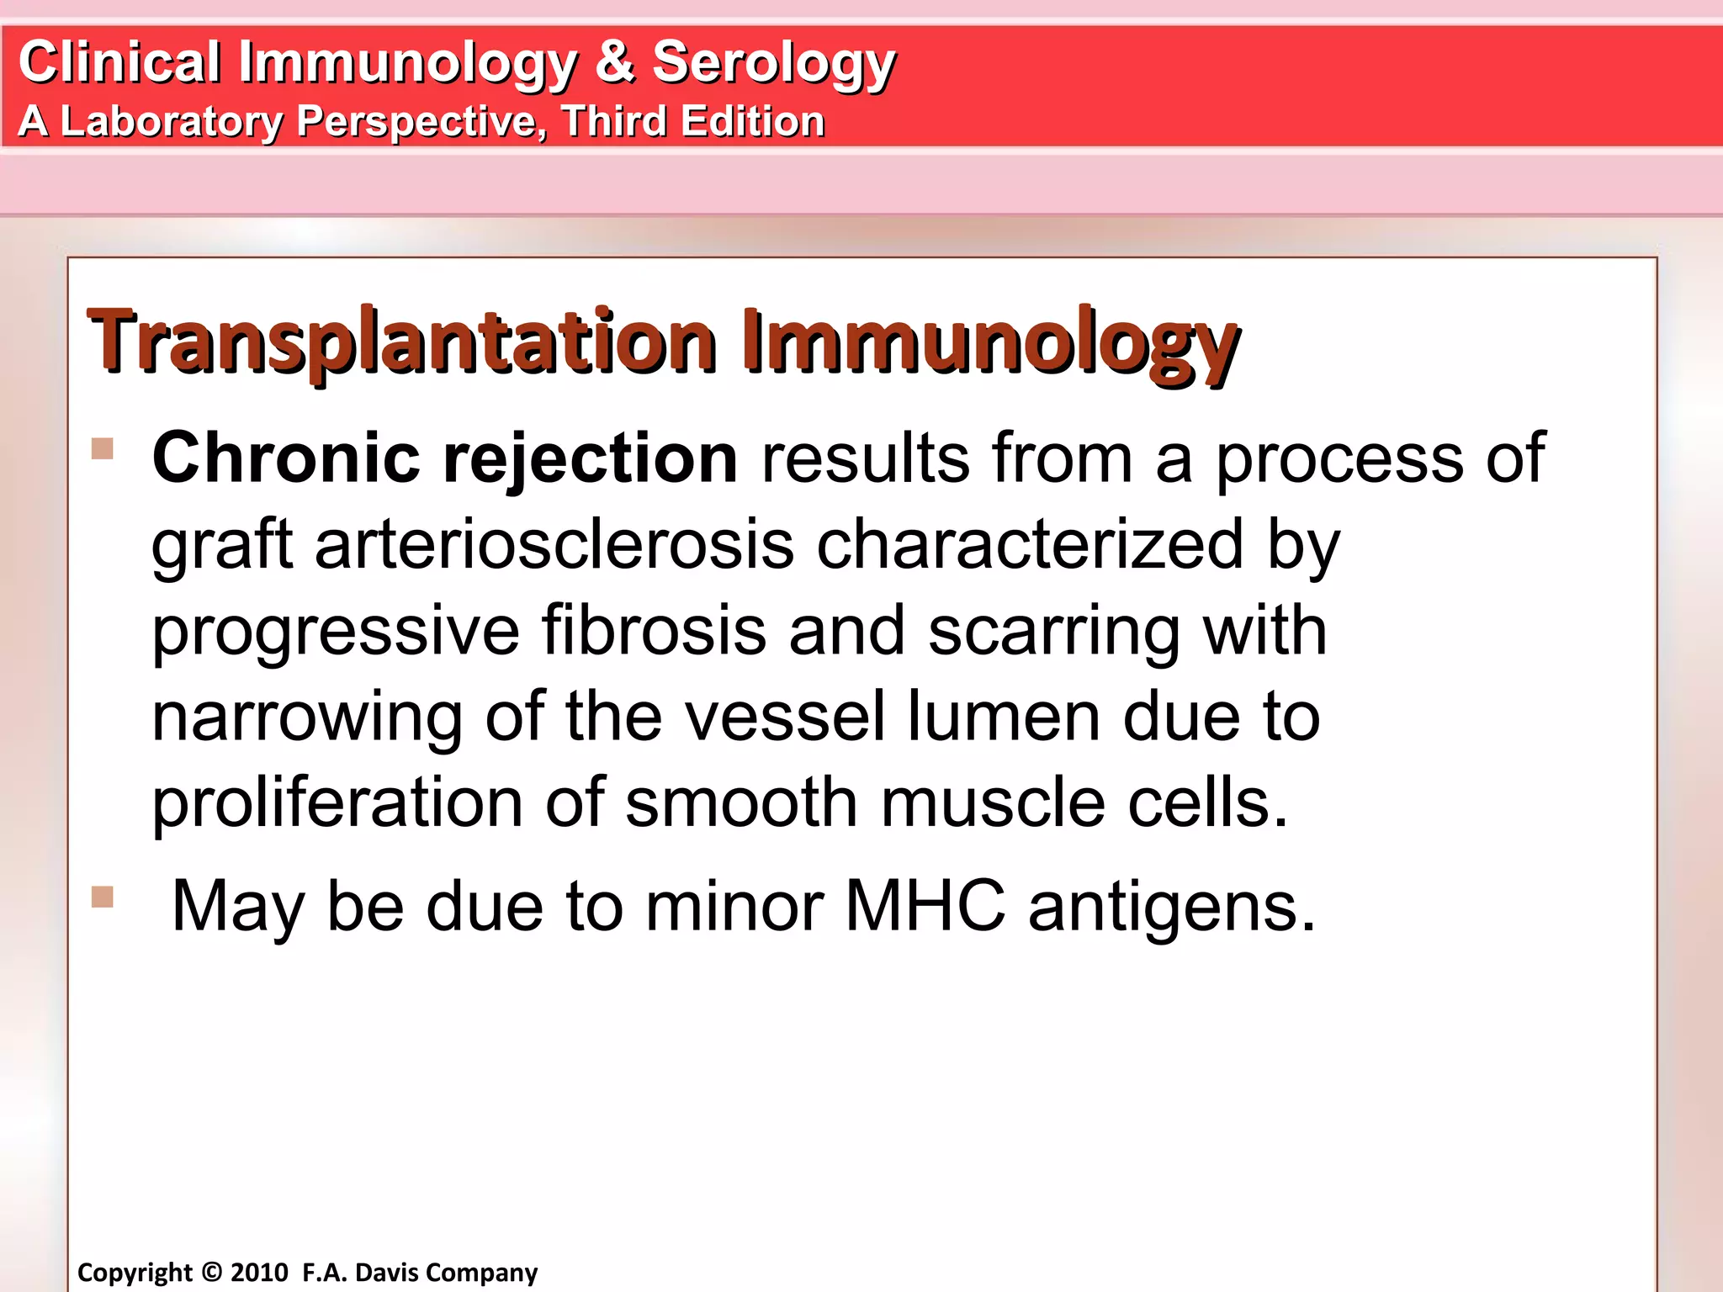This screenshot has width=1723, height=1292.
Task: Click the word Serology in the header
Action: tap(773, 64)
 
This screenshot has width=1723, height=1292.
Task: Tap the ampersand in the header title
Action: tap(615, 62)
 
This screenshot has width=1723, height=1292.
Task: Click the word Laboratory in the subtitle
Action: tap(172, 122)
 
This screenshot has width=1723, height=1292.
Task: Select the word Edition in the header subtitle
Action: tap(752, 121)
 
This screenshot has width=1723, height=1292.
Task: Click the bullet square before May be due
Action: tap(103, 897)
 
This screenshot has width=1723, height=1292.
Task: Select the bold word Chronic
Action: tap(286, 458)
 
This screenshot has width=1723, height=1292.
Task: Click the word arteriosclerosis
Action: tap(554, 545)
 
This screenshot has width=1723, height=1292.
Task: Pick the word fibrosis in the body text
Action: tap(653, 631)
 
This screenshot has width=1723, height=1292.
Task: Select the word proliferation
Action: tap(337, 803)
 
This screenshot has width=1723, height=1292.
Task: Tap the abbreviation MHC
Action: tap(925, 907)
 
